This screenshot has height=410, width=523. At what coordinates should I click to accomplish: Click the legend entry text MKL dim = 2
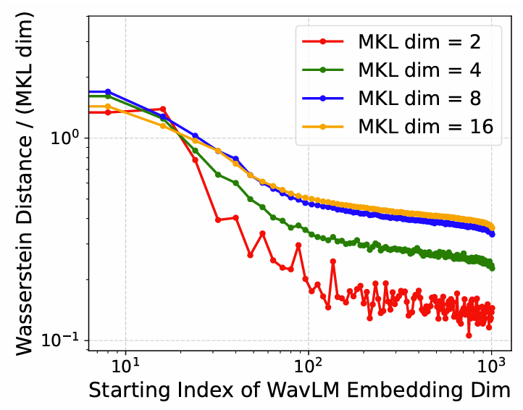(x=420, y=42)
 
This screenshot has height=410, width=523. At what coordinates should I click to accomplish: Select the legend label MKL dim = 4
(x=420, y=70)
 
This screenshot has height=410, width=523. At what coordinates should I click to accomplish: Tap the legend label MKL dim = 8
(x=420, y=97)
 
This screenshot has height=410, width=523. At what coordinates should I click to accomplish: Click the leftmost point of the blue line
(x=108, y=91)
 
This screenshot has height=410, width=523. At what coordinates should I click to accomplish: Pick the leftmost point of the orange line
(x=108, y=106)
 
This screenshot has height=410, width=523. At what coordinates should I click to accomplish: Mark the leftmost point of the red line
(x=108, y=112)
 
